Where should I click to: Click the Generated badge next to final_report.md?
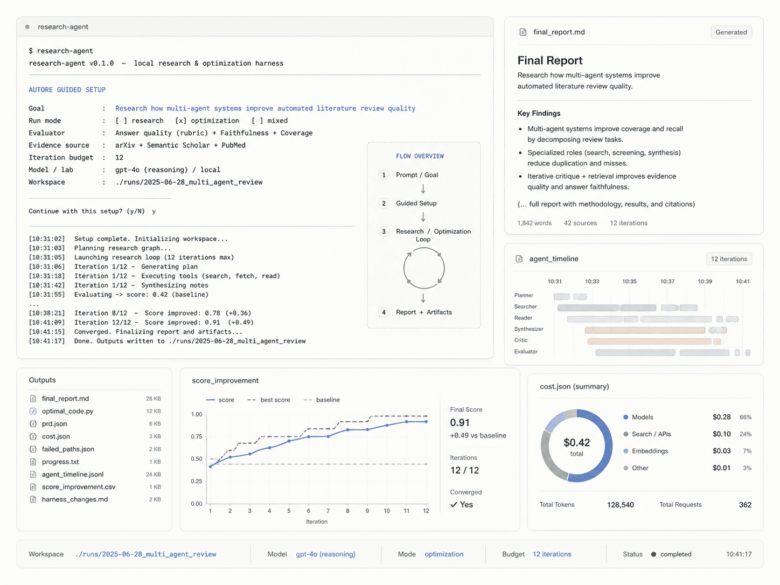click(x=731, y=32)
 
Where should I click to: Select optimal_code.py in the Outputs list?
click(x=67, y=411)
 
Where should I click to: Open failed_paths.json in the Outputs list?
click(x=68, y=449)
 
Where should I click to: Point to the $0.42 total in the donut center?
click(x=576, y=443)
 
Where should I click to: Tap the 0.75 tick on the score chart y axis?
click(x=197, y=436)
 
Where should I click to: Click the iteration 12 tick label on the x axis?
click(x=426, y=511)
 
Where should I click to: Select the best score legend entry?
click(x=269, y=400)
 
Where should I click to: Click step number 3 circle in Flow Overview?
click(x=384, y=232)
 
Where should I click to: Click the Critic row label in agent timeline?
click(x=520, y=340)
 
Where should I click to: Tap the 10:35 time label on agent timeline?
click(x=629, y=281)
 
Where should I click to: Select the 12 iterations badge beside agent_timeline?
click(x=729, y=259)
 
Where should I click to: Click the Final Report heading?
click(x=550, y=60)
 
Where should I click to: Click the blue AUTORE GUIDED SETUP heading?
click(x=67, y=90)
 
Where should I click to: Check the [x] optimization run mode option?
click(x=207, y=121)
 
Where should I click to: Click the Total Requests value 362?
click(x=745, y=505)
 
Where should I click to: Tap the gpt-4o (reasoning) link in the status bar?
click(x=325, y=554)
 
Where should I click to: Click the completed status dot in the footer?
click(x=653, y=554)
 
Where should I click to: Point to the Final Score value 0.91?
click(x=459, y=423)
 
